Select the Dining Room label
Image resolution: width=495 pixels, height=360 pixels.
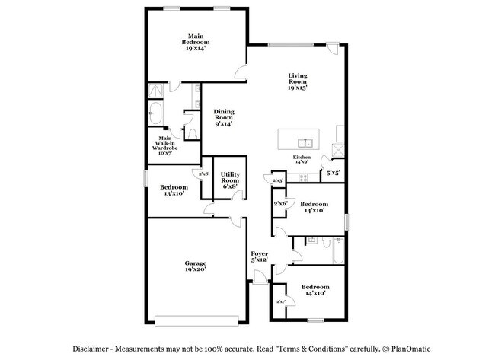coord(223,118)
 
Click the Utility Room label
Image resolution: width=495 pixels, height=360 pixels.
coord(229,180)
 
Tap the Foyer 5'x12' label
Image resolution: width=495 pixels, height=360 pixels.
coord(260,257)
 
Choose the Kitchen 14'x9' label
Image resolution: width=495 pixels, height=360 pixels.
coord(302,159)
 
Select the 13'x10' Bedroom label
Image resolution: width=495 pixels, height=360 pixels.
coord(174,190)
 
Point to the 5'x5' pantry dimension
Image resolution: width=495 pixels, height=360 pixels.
coord(333,173)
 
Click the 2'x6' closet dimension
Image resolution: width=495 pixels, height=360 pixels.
coord(279,204)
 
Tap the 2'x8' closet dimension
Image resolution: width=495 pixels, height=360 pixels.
coord(204,174)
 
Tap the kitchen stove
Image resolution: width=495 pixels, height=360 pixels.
coord(302,177)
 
